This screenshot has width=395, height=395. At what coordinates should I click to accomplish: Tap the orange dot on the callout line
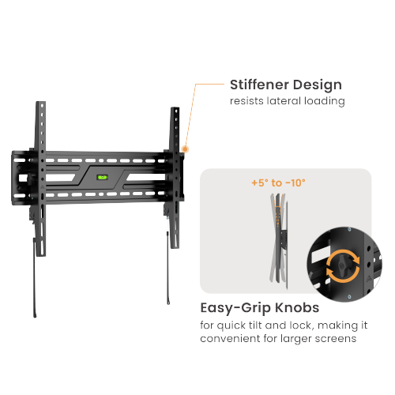click(185, 148)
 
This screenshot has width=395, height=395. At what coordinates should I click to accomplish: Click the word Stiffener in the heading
click(259, 85)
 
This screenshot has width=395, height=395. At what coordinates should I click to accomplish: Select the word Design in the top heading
click(318, 85)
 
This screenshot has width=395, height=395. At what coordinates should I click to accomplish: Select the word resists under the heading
click(248, 102)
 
